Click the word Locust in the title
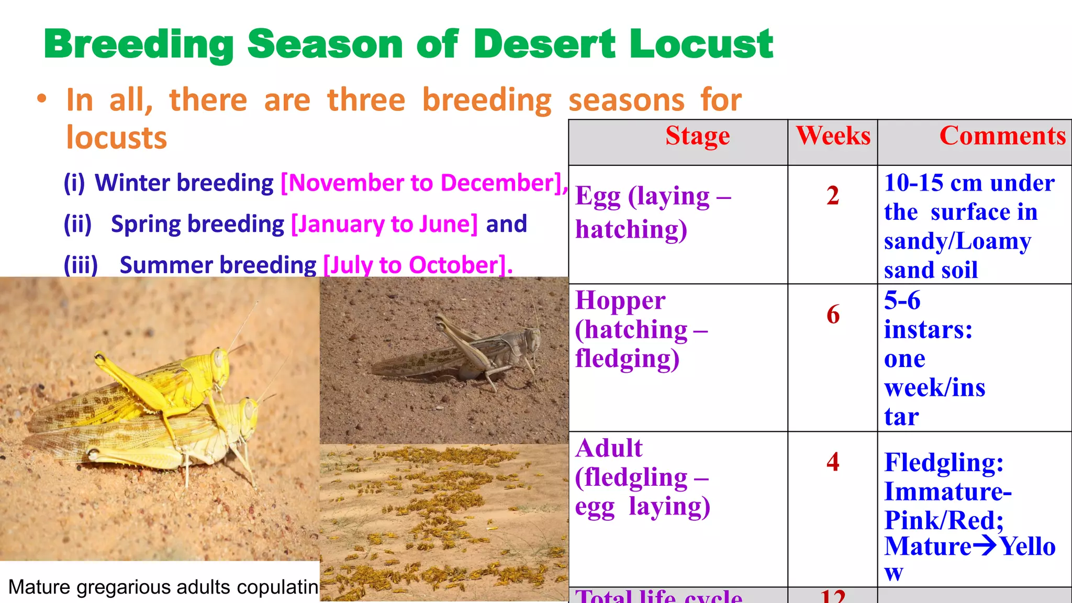coord(701,44)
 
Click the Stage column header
coord(697,136)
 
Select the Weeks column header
coord(833,136)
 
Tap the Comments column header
coord(1002,136)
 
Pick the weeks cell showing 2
coord(833,196)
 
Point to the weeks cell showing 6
coord(833,315)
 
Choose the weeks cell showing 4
coord(833,462)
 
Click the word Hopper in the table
coord(620,301)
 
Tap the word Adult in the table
coord(609,449)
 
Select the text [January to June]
coord(384,224)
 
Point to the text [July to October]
coord(418,265)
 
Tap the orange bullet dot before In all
coord(42,99)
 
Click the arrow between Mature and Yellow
coord(985,546)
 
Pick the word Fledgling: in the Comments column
coord(944,463)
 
